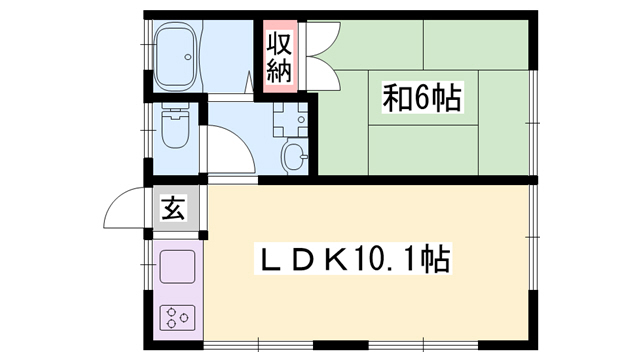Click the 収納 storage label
point(279,57)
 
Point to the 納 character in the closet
point(279,71)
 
